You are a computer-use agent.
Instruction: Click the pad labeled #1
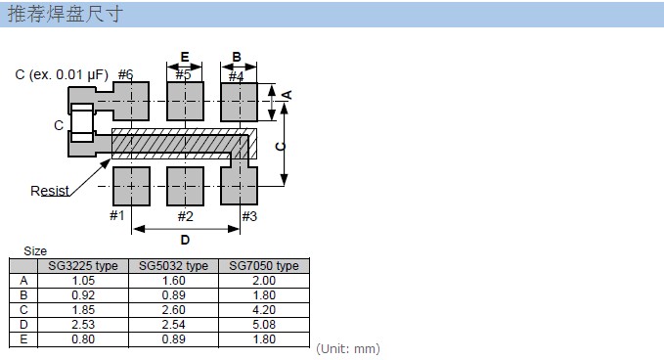pos(131,186)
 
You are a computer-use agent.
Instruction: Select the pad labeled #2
pos(185,186)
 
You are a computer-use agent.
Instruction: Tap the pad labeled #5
pos(185,102)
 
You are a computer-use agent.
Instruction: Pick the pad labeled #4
pos(240,102)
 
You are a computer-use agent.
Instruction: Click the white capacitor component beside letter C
pos(82,123)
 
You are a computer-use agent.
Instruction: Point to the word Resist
pos(50,191)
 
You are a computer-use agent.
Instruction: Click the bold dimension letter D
pos(185,240)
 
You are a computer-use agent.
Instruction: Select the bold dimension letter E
pos(185,57)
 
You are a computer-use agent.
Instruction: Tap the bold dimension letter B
pos(237,57)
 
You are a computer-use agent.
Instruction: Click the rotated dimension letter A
pos(288,95)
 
